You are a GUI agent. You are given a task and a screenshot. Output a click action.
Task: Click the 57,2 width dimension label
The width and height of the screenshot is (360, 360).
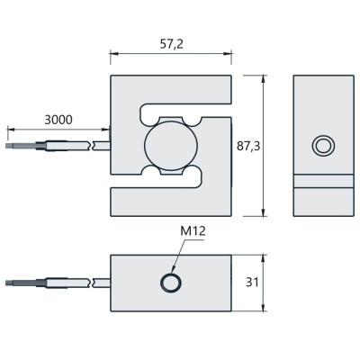point(171,44)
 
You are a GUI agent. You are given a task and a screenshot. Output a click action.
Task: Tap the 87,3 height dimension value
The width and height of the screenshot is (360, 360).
point(248,146)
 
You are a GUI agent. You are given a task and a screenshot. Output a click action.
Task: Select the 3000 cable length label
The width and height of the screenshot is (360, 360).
point(58,120)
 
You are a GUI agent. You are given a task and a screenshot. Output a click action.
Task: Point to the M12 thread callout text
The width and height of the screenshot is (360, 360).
point(193,231)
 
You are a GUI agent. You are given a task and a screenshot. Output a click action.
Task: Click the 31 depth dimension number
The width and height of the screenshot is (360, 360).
point(252,283)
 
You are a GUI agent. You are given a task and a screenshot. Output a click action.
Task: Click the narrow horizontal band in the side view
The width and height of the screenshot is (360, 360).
point(323,181)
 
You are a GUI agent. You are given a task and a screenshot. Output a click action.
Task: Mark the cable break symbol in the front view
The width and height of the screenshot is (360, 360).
point(92,146)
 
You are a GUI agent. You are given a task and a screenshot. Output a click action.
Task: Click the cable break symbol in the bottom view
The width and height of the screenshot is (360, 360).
point(92,283)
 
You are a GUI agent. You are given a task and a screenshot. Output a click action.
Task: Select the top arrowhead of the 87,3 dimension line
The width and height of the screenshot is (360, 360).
point(263,79)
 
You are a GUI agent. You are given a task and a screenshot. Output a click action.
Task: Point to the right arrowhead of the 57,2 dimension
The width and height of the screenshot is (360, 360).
point(228,54)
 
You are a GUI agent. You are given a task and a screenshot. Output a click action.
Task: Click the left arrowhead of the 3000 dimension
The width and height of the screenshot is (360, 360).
point(11,130)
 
